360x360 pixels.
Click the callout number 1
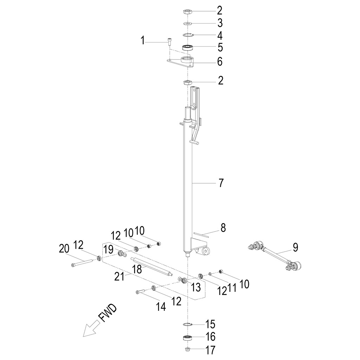click(143, 41)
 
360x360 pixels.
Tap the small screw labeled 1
click(169, 42)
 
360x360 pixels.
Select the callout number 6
click(220, 62)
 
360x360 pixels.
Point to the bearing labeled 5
click(188, 48)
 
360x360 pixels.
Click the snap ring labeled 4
click(189, 35)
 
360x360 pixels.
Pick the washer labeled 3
click(187, 24)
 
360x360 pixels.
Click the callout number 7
click(221, 183)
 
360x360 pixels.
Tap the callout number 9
click(295, 247)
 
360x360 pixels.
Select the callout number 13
click(195, 288)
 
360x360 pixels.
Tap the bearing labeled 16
click(187, 338)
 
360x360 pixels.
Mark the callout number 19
click(108, 250)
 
